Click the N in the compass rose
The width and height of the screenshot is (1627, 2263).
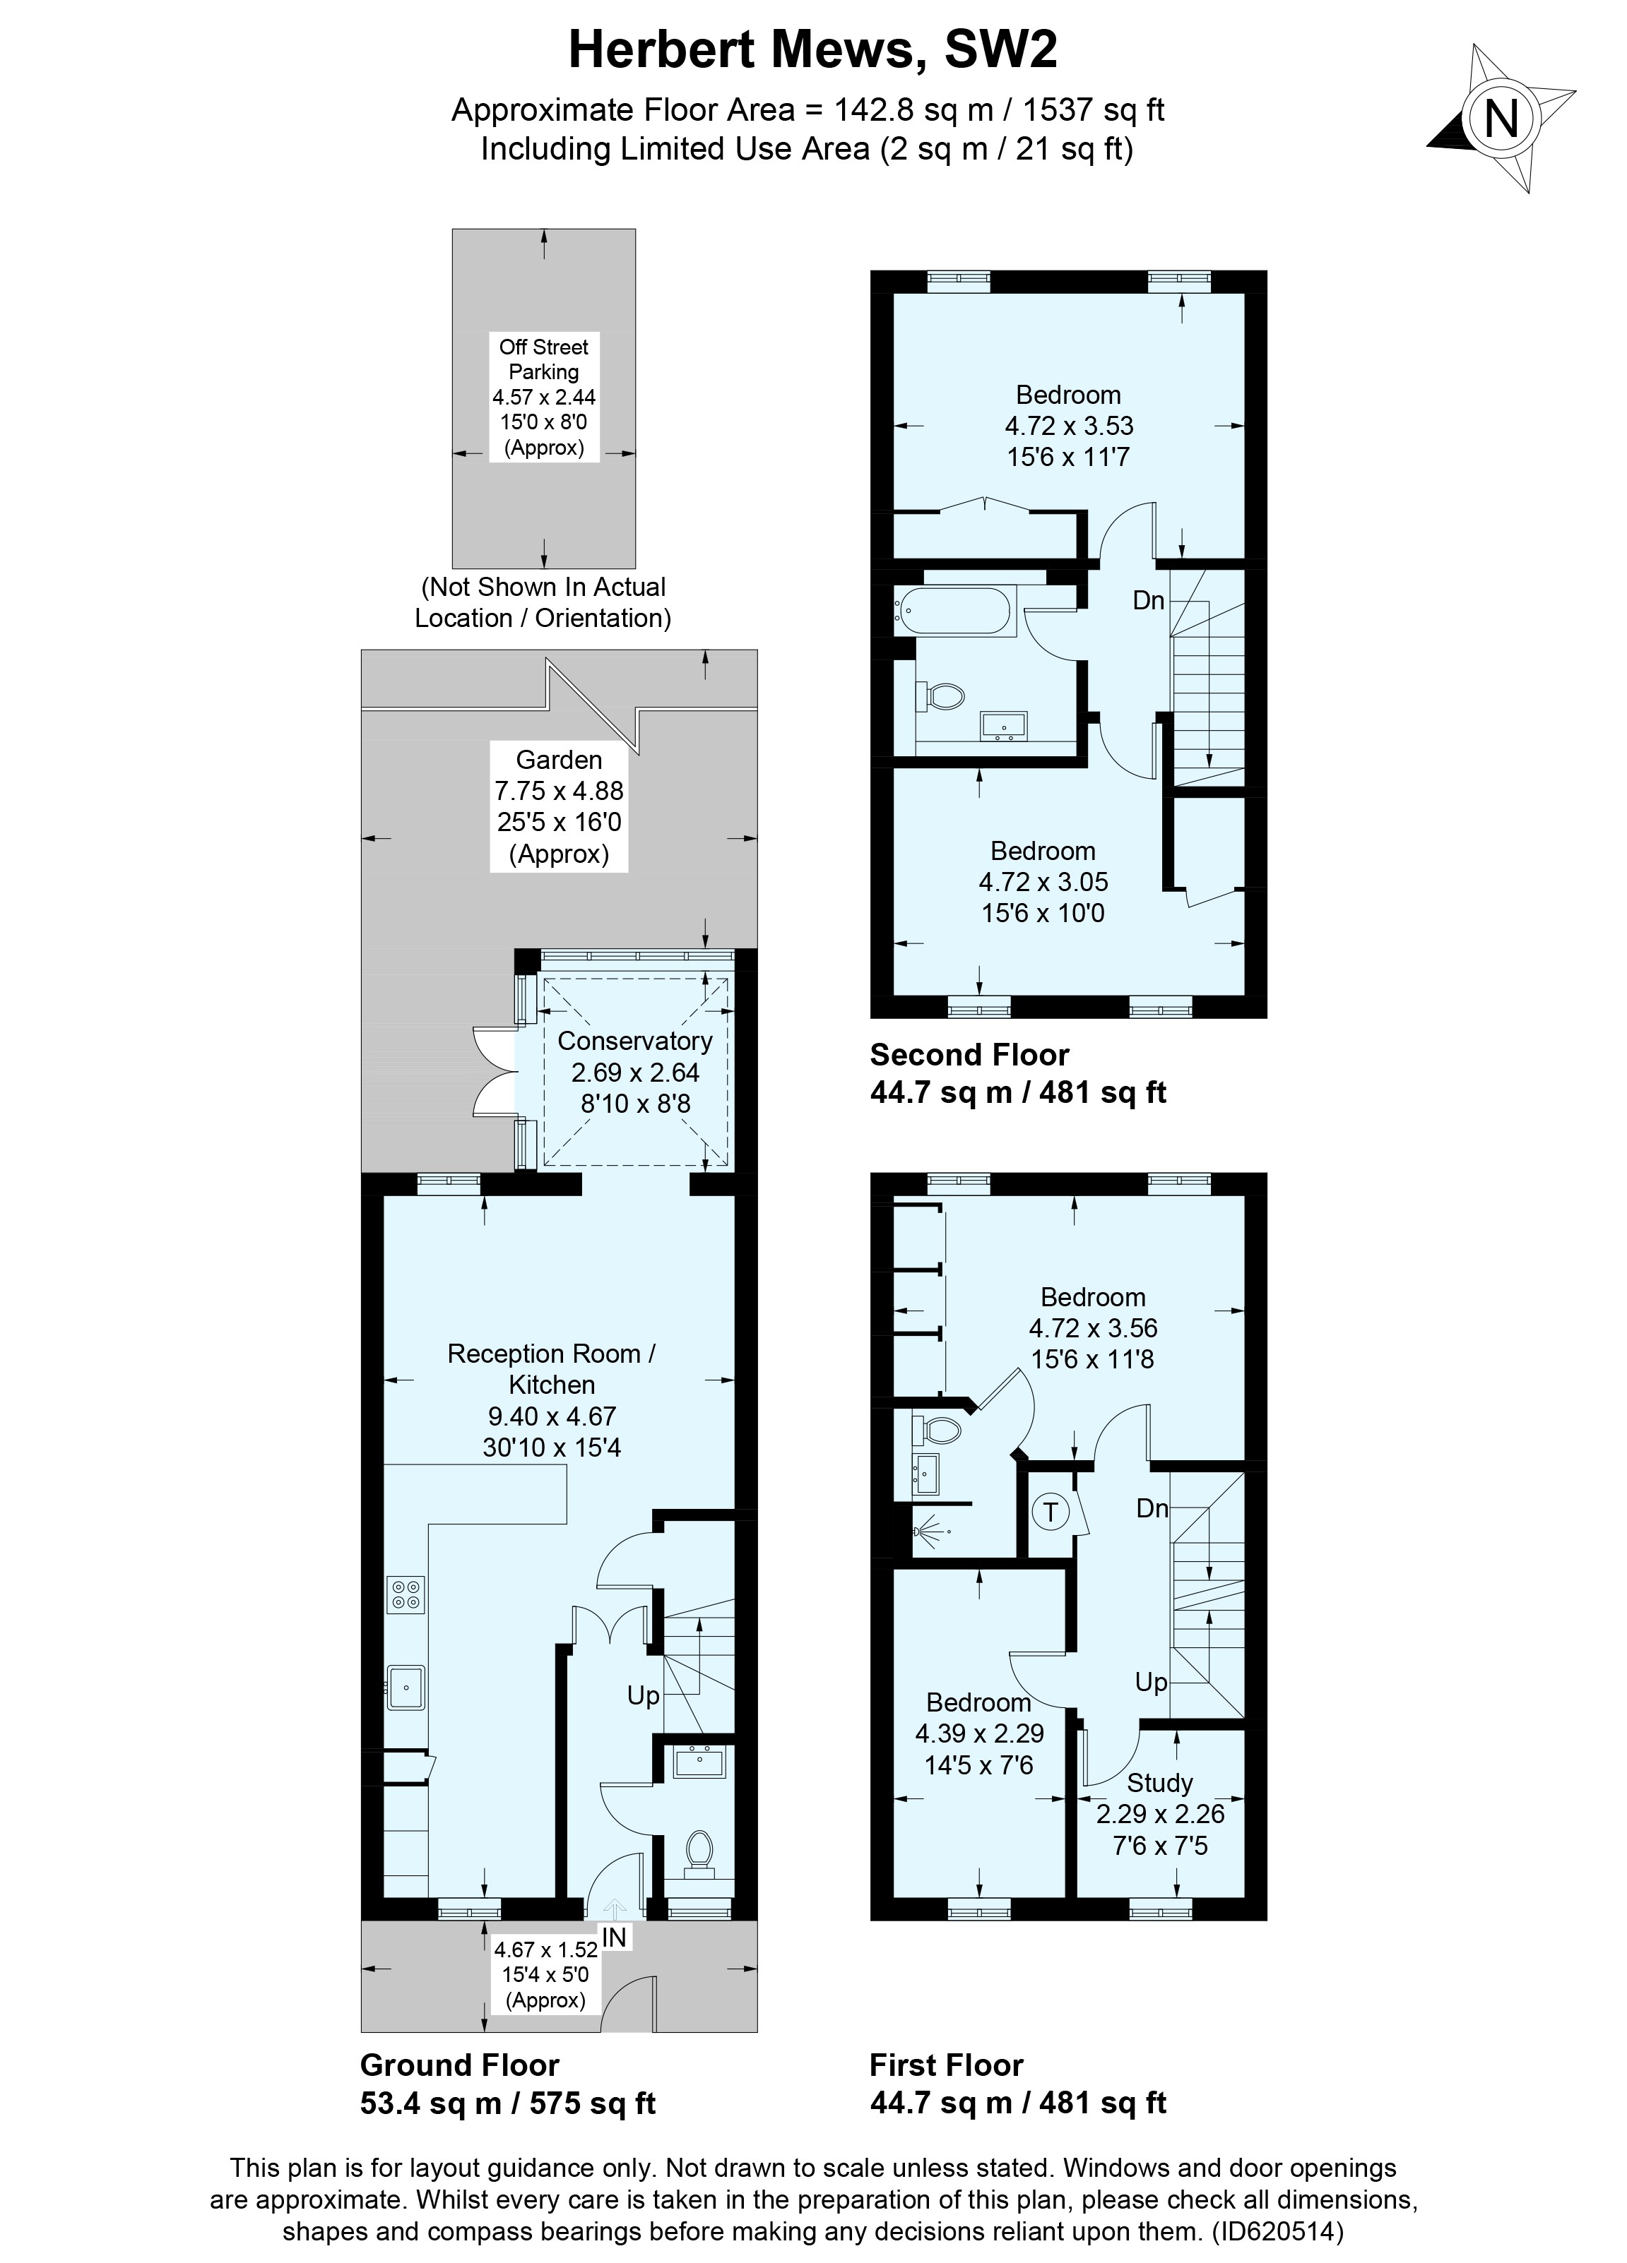(1501, 120)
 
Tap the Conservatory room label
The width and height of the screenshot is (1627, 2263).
(635, 1041)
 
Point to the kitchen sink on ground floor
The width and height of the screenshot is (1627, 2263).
(406, 1688)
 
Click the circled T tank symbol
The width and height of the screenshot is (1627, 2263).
(1050, 1512)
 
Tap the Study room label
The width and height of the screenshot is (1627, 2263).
(1160, 1782)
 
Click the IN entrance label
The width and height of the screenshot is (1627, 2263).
(615, 1937)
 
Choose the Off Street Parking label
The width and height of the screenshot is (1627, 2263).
(544, 359)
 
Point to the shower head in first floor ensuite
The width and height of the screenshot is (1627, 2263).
(923, 1529)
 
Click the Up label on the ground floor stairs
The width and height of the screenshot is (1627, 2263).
(643, 1695)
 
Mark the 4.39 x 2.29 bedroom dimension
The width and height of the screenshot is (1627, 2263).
(979, 1733)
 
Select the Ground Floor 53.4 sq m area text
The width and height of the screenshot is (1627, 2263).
(507, 2104)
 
